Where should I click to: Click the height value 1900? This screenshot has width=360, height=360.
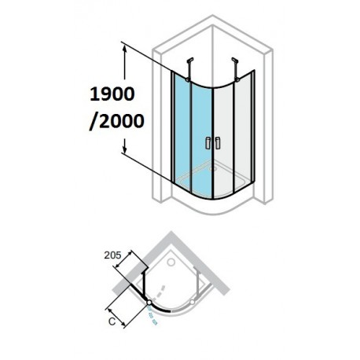tap(112, 94)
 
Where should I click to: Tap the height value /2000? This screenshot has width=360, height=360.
tap(116, 121)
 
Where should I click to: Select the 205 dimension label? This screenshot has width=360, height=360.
tap(112, 255)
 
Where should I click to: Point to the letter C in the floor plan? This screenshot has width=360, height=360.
tap(112, 321)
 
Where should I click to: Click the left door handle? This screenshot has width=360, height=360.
tap(208, 143)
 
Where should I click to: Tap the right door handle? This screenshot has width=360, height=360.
tap(218, 143)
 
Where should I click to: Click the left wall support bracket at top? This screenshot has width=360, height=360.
tap(189, 69)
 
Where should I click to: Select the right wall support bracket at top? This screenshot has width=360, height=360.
tap(236, 69)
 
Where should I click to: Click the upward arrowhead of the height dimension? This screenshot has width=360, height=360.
tap(125, 49)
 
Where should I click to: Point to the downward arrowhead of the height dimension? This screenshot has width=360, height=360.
tap(125, 149)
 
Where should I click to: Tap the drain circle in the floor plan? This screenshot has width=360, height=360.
tap(171, 262)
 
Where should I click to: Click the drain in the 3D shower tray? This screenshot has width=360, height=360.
tap(211, 169)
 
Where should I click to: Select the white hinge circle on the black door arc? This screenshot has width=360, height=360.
tap(149, 303)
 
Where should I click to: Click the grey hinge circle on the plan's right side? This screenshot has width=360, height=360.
tap(193, 302)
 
